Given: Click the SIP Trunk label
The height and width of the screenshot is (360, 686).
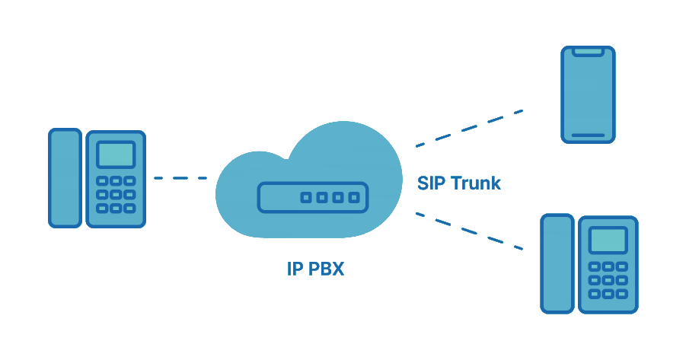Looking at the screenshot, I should pyautogui.click(x=459, y=183).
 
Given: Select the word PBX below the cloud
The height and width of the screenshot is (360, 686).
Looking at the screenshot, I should pyautogui.click(x=326, y=269).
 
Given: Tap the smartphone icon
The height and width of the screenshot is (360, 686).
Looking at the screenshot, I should pyautogui.click(x=588, y=94).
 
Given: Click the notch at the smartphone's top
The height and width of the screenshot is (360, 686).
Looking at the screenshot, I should pyautogui.click(x=588, y=52).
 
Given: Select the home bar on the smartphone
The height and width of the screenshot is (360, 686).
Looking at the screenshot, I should pyautogui.click(x=588, y=135).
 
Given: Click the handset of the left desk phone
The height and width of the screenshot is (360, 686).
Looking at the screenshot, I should pyautogui.click(x=65, y=177).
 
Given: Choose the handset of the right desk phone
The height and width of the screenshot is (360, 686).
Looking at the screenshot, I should pyautogui.click(x=557, y=263).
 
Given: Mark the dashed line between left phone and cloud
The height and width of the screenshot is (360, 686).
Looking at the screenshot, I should pyautogui.click(x=180, y=178).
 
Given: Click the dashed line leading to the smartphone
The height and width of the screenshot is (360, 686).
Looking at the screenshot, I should pyautogui.click(x=468, y=127).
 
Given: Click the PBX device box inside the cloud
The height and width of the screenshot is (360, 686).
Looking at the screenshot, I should pyautogui.click(x=312, y=198).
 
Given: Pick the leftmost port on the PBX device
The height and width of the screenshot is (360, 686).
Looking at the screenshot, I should pyautogui.click(x=305, y=198).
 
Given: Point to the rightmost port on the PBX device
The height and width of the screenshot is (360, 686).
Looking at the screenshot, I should pyautogui.click(x=353, y=198).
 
